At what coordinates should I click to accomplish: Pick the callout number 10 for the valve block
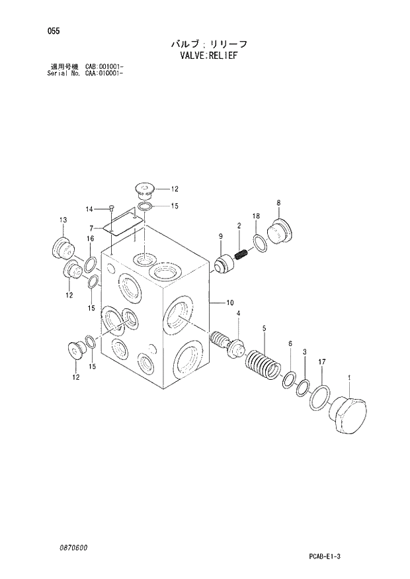[x=229, y=304]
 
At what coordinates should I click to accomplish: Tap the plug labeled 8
[x=278, y=233]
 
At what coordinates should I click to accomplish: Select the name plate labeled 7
[x=124, y=221]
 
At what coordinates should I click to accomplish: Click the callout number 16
[x=90, y=239]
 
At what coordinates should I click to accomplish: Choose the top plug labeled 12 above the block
[x=143, y=190]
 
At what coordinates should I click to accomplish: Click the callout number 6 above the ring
[x=289, y=343]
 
